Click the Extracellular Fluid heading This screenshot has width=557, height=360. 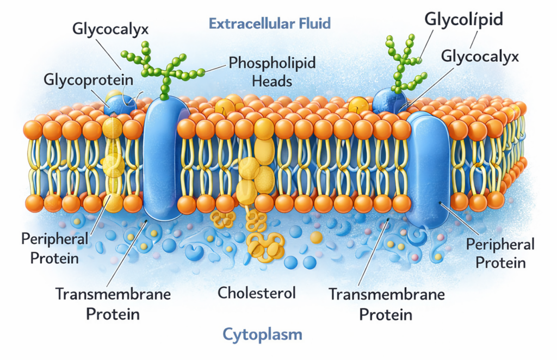(270, 23)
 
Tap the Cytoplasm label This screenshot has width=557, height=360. (262, 333)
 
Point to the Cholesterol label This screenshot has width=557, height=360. (256, 293)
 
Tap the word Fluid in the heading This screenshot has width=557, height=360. (312, 23)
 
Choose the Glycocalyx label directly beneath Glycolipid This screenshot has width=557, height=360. (480, 55)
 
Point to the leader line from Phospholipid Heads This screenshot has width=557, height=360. (215, 68)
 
